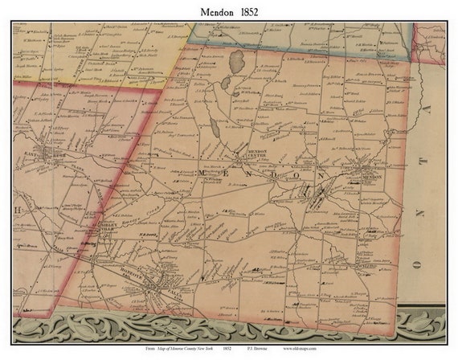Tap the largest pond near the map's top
[236, 59]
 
